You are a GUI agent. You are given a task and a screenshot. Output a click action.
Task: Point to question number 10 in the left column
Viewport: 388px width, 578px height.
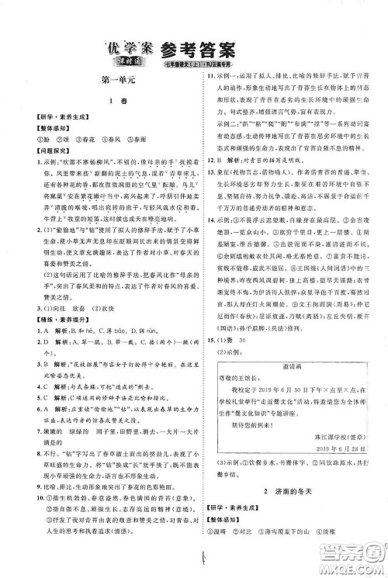(26, 507)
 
